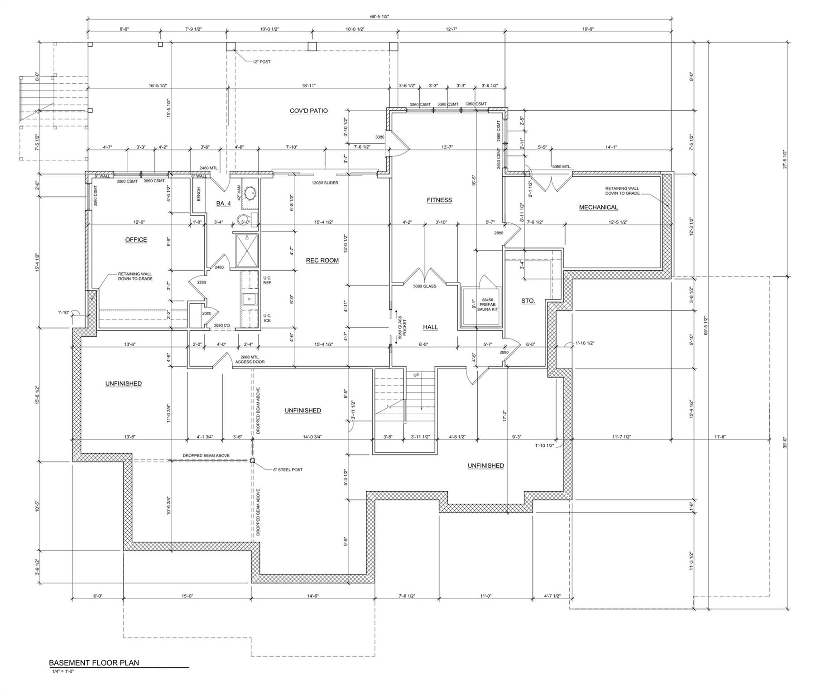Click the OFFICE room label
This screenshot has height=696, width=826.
(136, 240)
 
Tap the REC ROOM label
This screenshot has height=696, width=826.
(322, 261)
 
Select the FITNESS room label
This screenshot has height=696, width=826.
(439, 200)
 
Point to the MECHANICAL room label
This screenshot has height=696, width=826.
(598, 208)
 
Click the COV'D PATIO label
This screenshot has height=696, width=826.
(309, 111)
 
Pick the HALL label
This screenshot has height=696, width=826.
(430, 327)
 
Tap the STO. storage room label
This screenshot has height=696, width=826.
(528, 301)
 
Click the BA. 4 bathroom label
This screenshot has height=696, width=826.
(223, 204)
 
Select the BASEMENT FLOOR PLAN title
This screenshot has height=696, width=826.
(94, 663)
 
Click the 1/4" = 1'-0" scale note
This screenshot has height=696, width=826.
(63, 672)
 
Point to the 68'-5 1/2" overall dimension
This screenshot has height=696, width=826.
(379, 16)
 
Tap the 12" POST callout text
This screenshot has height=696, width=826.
(261, 62)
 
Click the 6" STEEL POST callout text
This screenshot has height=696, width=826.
(288, 470)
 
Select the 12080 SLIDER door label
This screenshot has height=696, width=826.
(325, 183)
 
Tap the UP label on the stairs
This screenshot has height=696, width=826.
(416, 375)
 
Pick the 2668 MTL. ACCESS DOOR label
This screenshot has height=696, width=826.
(250, 359)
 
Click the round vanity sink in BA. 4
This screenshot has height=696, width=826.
(249, 193)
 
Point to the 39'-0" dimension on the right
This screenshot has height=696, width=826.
(785, 442)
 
